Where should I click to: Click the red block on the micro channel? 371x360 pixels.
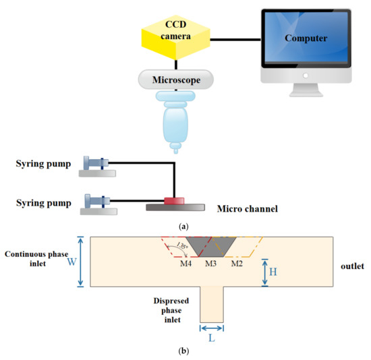[175, 200]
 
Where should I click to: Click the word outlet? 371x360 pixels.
[351, 266]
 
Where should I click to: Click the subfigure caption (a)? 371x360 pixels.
[185, 227]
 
